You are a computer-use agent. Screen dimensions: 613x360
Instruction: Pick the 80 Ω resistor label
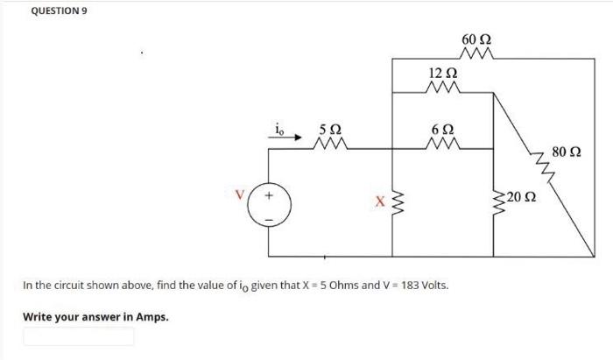(x=566, y=154)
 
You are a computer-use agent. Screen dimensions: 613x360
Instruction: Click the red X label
(x=379, y=204)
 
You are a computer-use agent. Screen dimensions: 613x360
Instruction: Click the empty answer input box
(x=79, y=336)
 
